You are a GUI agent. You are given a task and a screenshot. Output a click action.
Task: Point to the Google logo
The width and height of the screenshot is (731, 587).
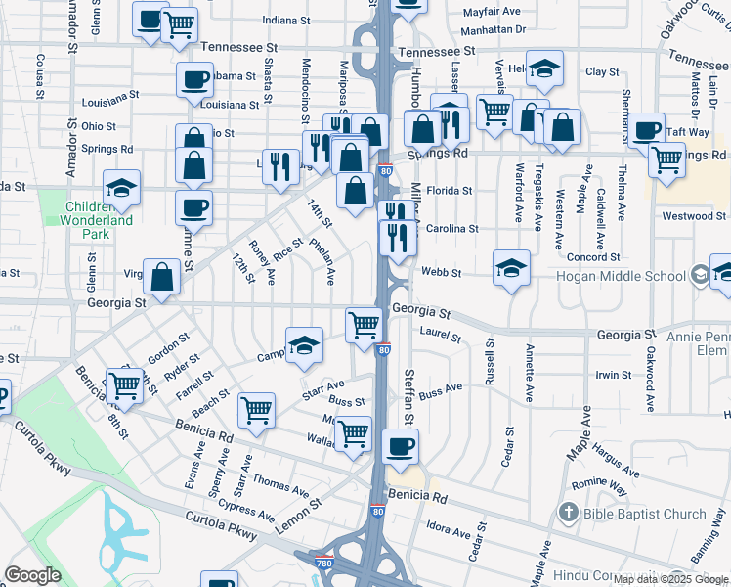point(32,575)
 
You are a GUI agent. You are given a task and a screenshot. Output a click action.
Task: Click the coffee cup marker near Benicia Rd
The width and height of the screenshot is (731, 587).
point(399,448)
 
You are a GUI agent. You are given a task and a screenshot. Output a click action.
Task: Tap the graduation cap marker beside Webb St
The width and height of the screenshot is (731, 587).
point(511,269)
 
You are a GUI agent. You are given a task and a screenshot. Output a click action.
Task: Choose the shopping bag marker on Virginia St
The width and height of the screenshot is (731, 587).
point(161,278)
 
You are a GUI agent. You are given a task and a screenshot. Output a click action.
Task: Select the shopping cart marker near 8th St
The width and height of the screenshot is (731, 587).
point(124,385)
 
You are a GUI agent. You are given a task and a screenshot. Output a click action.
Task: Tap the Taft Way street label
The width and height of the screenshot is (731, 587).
point(688,131)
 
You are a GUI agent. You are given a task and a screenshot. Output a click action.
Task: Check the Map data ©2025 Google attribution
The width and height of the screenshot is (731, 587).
point(670,579)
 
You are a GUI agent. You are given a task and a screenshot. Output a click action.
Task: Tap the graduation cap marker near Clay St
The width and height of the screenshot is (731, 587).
point(544,69)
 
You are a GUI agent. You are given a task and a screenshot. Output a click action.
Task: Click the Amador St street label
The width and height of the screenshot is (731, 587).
point(72,29)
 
